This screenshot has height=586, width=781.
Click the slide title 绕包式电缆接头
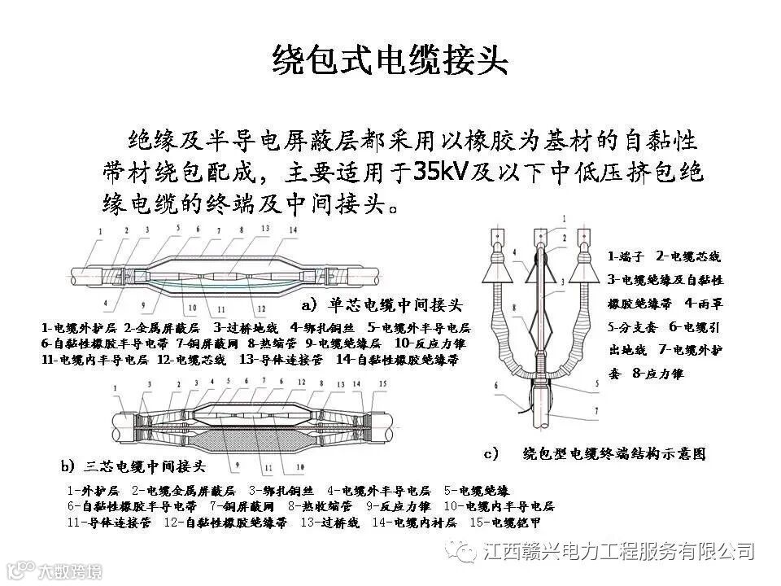tap(390, 60)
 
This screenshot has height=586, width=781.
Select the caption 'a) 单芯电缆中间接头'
tap(382, 306)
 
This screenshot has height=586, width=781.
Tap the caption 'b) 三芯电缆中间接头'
tap(133, 466)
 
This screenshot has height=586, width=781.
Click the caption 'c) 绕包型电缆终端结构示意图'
tap(594, 453)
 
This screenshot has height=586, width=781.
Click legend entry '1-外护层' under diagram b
tap(94, 491)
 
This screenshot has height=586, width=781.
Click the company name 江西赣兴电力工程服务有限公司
tap(618, 552)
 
